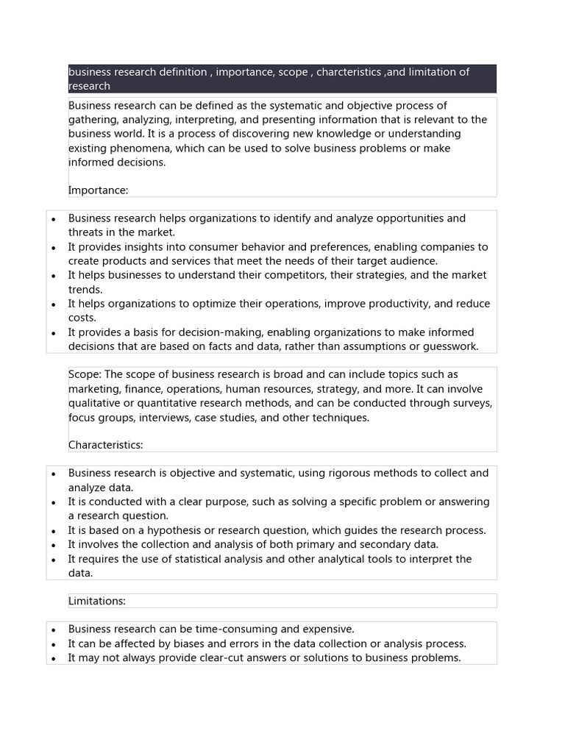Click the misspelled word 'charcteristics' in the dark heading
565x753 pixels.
coord(350,72)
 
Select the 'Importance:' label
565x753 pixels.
coord(98,190)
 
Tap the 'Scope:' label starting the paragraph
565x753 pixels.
coord(85,374)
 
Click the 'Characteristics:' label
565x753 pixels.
coord(105,445)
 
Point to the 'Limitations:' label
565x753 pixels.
coord(97,601)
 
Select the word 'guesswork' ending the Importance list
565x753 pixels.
coord(449,346)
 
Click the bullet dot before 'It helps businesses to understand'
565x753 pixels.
coord(54,276)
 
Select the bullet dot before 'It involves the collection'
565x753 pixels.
coord(54,545)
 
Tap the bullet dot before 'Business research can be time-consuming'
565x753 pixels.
coord(54,630)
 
